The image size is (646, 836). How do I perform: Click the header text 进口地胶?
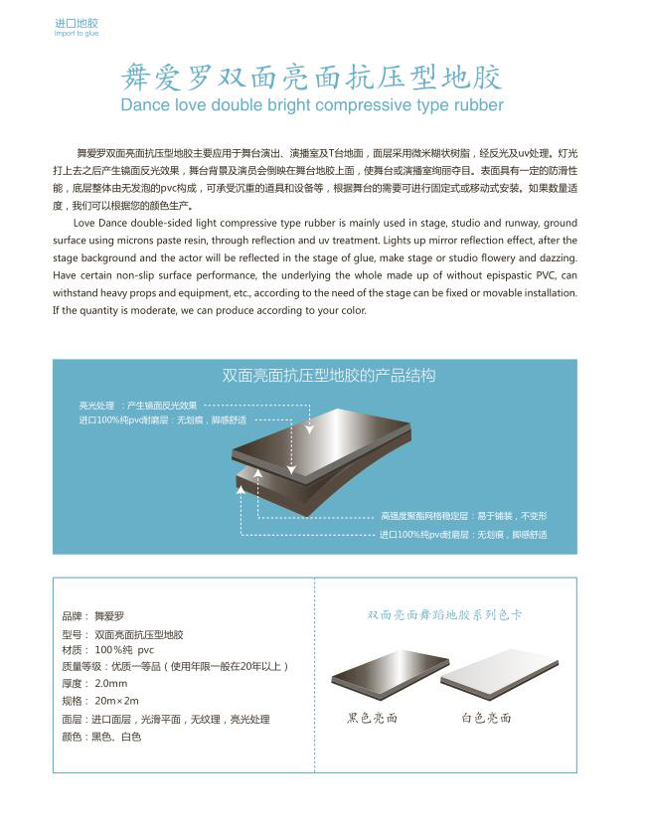(77, 22)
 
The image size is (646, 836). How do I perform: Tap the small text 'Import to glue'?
(77, 33)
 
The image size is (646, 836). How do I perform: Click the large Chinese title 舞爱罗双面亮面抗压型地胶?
(311, 78)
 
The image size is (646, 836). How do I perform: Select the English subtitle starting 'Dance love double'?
(311, 105)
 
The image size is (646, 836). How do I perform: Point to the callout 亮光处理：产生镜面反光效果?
(138, 406)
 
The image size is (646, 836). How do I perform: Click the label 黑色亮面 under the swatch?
(373, 718)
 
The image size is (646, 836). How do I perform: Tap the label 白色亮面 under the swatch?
(486, 718)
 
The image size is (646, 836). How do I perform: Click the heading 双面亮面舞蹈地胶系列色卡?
(444, 615)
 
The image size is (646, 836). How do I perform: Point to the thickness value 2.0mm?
(111, 684)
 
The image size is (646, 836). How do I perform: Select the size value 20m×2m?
(117, 701)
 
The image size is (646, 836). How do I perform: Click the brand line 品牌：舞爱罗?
(93, 616)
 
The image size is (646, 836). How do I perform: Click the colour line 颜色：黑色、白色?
(101, 737)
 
